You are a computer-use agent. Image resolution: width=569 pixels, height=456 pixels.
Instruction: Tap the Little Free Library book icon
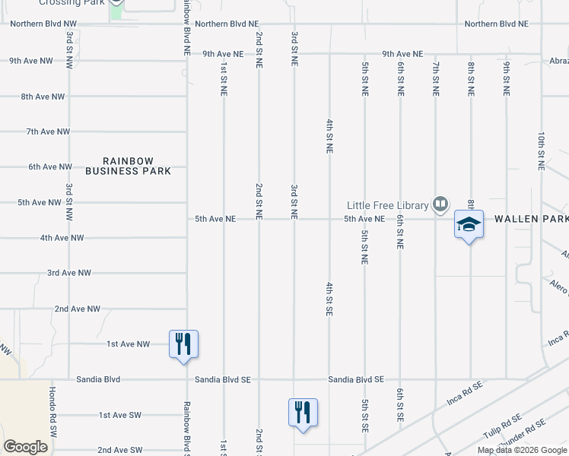[x=440, y=204]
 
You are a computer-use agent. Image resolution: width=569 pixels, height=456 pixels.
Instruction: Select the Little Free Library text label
[x=388, y=205]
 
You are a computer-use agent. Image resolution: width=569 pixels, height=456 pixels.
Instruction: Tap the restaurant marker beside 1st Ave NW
[x=183, y=344]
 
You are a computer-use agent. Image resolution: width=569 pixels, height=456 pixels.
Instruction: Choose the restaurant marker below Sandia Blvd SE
[x=303, y=412]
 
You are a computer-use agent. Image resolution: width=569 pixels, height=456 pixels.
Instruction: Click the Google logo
[x=25, y=447]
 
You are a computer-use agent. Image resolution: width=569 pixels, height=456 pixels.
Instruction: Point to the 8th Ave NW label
[x=43, y=97]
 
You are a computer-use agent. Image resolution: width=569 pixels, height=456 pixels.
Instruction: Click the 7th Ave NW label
[x=48, y=131]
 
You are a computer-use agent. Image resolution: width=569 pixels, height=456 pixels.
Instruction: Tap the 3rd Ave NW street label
[x=68, y=272]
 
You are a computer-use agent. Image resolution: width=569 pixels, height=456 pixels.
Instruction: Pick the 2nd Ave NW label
[x=77, y=309]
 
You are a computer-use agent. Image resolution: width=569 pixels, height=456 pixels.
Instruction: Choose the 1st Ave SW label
[x=120, y=415]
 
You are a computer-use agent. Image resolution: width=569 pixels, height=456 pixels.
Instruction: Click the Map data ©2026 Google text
[x=522, y=450]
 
